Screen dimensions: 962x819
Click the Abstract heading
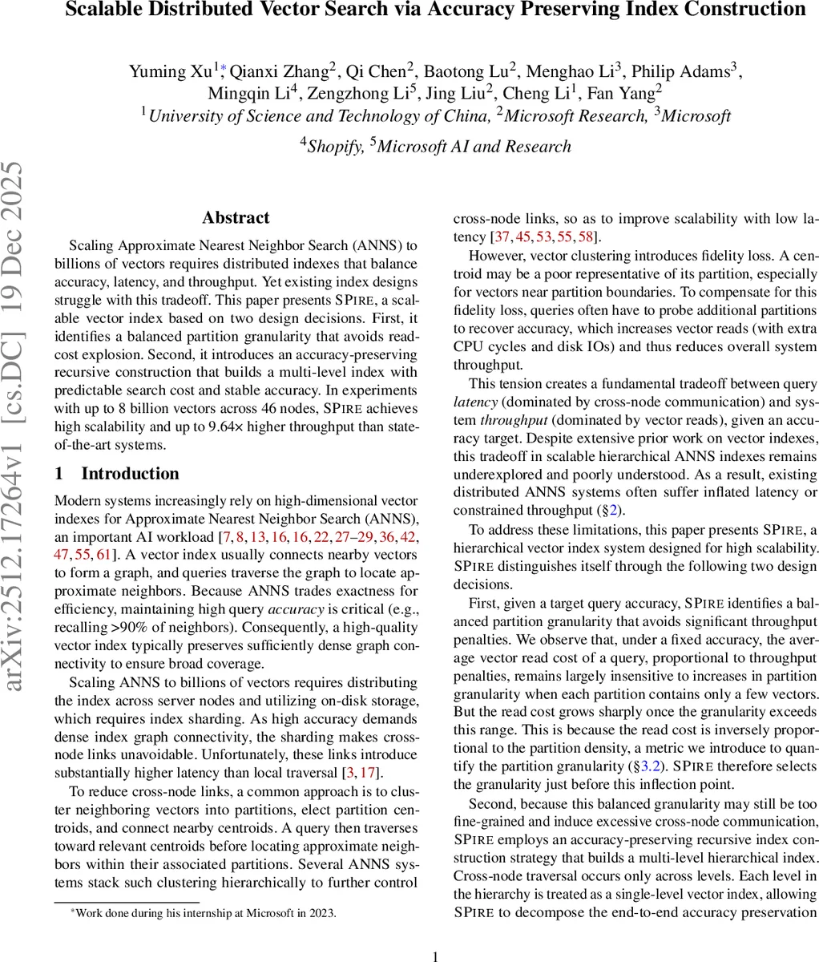pos(236,218)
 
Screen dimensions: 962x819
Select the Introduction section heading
pos(130,474)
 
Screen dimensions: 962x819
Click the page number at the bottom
pos(435,934)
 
